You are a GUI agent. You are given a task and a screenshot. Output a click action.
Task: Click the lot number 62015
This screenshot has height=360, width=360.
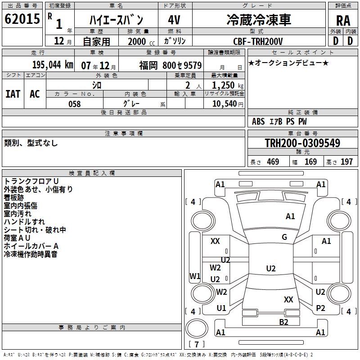[x=22, y=19]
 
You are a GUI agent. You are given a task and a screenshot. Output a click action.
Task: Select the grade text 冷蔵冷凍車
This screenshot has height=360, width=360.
[x=259, y=19]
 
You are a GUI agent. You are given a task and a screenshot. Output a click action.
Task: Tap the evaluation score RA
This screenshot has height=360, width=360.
[x=343, y=21]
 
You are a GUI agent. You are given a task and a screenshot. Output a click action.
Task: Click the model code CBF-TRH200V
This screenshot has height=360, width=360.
[x=259, y=41]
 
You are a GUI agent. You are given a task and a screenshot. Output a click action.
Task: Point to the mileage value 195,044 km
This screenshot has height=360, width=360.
[x=52, y=64]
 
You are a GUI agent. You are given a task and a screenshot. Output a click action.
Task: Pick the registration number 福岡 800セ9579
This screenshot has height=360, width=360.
[x=171, y=65]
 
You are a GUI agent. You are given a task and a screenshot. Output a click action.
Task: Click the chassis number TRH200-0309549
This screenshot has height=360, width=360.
[x=302, y=143]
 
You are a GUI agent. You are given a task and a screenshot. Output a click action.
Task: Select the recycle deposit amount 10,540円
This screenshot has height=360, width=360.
[x=228, y=104]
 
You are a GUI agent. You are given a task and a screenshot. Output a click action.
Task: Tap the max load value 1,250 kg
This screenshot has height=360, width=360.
[x=228, y=85]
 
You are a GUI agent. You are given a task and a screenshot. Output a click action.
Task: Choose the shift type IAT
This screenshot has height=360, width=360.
[x=13, y=94]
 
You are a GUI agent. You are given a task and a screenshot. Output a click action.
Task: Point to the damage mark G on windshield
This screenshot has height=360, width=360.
[x=284, y=237]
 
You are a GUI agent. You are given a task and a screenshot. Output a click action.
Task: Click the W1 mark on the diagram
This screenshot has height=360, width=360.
[x=195, y=276]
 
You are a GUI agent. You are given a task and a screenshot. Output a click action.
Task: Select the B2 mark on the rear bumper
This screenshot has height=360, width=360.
[x=283, y=321]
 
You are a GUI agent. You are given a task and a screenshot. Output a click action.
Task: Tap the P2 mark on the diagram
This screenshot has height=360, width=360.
[x=320, y=308]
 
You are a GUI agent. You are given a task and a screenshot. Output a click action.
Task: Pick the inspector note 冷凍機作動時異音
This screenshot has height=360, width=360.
[x=31, y=255]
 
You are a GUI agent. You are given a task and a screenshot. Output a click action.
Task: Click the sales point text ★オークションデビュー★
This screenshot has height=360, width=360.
[x=288, y=63]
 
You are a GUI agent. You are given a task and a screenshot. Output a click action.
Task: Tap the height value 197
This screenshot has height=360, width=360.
[x=346, y=162]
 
